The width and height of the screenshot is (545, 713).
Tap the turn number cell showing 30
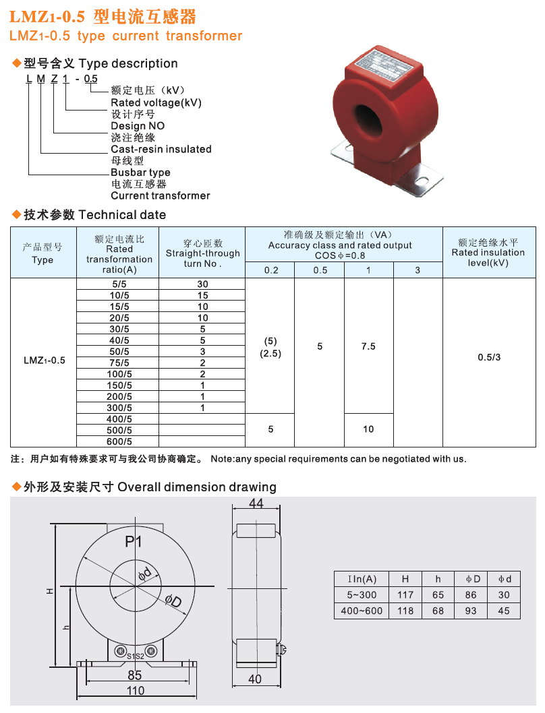202,284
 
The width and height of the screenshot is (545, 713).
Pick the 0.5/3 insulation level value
489,357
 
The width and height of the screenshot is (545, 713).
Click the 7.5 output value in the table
368,346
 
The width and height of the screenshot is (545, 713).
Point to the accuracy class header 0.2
270,270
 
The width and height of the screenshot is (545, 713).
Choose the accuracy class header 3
418,270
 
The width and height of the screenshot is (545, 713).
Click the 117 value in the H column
405,595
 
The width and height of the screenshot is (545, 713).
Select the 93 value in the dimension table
471,611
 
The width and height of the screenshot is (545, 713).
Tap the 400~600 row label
362,611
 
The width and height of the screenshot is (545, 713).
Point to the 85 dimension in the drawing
135,675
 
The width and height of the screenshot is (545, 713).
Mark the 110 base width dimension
136,691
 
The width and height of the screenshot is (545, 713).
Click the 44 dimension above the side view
256,504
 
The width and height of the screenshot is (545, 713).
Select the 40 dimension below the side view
255,679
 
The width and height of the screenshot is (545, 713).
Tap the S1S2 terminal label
135,656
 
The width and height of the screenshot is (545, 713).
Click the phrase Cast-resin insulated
161,149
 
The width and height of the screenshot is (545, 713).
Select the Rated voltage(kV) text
156,102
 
